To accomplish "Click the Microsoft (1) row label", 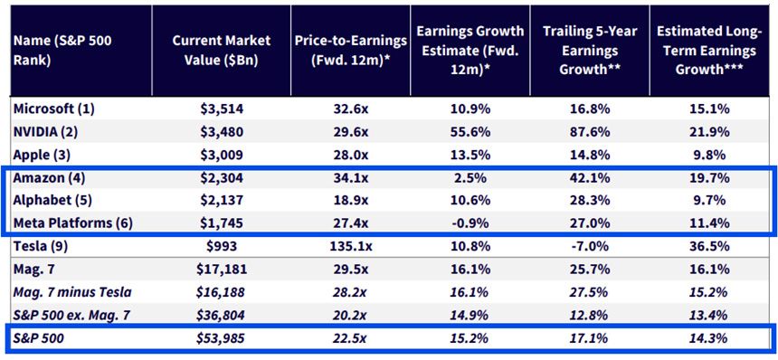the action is [x=54, y=109].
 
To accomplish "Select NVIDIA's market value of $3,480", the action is [x=221, y=132].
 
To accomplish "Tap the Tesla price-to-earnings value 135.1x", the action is [x=350, y=246].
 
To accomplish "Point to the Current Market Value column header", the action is [x=221, y=51].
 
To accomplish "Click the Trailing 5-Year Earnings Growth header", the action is [x=590, y=51].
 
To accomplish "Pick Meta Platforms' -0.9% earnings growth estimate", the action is [x=470, y=223].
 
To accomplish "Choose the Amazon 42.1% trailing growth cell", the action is [x=590, y=177].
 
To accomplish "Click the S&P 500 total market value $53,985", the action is [x=221, y=338].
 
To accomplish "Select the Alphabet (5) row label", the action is [x=52, y=200].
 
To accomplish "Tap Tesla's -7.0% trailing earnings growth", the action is [x=590, y=246].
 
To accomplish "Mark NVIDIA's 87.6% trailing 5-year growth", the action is [x=590, y=132].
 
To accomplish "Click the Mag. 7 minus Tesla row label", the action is [x=73, y=292].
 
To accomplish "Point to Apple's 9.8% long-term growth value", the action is [x=709, y=155].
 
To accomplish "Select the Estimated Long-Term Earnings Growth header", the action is [x=709, y=51].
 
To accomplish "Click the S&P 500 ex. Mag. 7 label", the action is [x=69, y=316].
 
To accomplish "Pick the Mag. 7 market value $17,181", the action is [x=221, y=270].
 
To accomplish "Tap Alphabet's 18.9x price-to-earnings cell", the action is [x=350, y=200].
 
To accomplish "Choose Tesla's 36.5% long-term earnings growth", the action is [x=709, y=246].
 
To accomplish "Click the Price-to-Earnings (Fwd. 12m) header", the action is [x=350, y=51].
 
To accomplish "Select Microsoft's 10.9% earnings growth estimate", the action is [x=470, y=109].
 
